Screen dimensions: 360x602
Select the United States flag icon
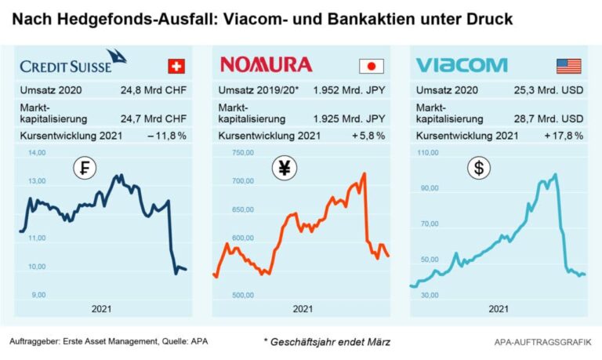click(x=569, y=65)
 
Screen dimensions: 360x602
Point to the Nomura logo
click(x=267, y=64)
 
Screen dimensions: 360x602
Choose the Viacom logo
click(x=461, y=64)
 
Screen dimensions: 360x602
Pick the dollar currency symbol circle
click(x=477, y=167)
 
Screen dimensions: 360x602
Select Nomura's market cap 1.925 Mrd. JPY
click(x=348, y=118)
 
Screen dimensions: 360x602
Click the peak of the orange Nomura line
click(x=364, y=173)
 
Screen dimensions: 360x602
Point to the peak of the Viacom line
click(x=555, y=174)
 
